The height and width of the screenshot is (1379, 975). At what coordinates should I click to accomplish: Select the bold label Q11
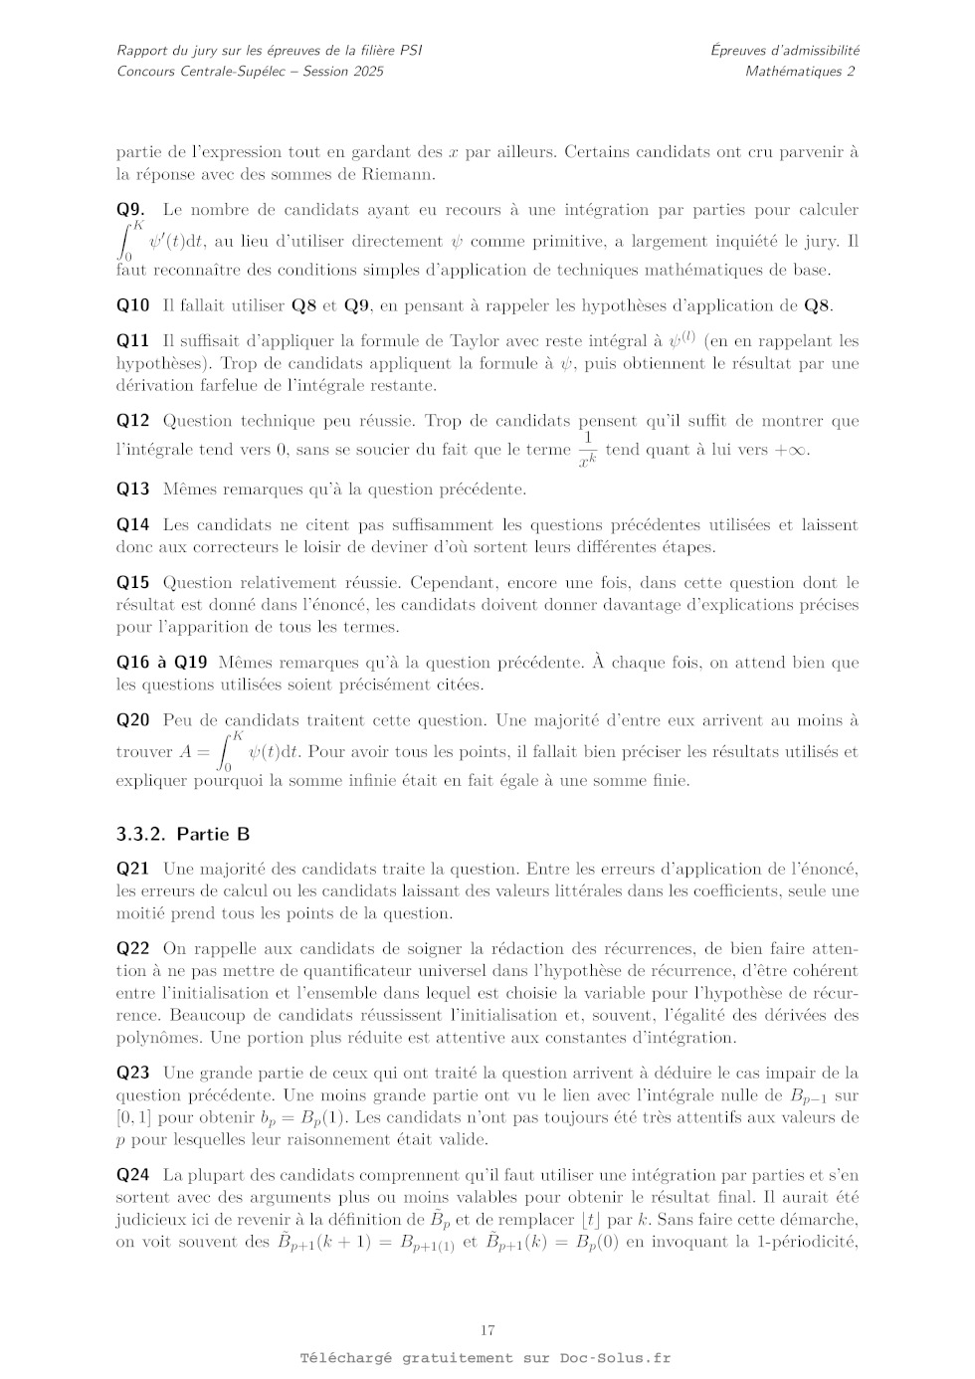click(133, 341)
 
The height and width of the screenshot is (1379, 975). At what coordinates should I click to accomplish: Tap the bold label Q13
click(133, 490)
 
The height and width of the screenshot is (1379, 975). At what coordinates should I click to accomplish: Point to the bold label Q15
click(133, 583)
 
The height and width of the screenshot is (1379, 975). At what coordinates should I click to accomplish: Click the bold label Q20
click(133, 720)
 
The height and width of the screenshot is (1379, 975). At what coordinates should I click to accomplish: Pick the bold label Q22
click(133, 949)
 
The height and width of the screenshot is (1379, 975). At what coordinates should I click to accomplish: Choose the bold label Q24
click(133, 1176)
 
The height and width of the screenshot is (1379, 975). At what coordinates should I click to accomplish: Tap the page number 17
click(487, 1330)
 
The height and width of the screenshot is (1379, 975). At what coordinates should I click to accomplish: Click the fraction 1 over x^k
click(587, 450)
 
